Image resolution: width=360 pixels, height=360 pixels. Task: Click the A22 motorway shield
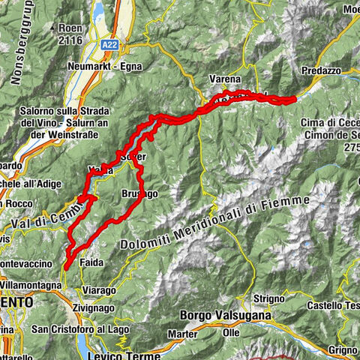click(x=109, y=46)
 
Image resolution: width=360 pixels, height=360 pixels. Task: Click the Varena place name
click(x=226, y=79)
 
